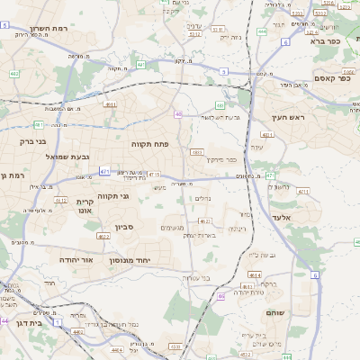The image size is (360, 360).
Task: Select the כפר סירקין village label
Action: point(219,160)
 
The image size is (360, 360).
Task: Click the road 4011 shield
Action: point(110,104)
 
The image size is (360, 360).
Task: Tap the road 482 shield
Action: point(13,74)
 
